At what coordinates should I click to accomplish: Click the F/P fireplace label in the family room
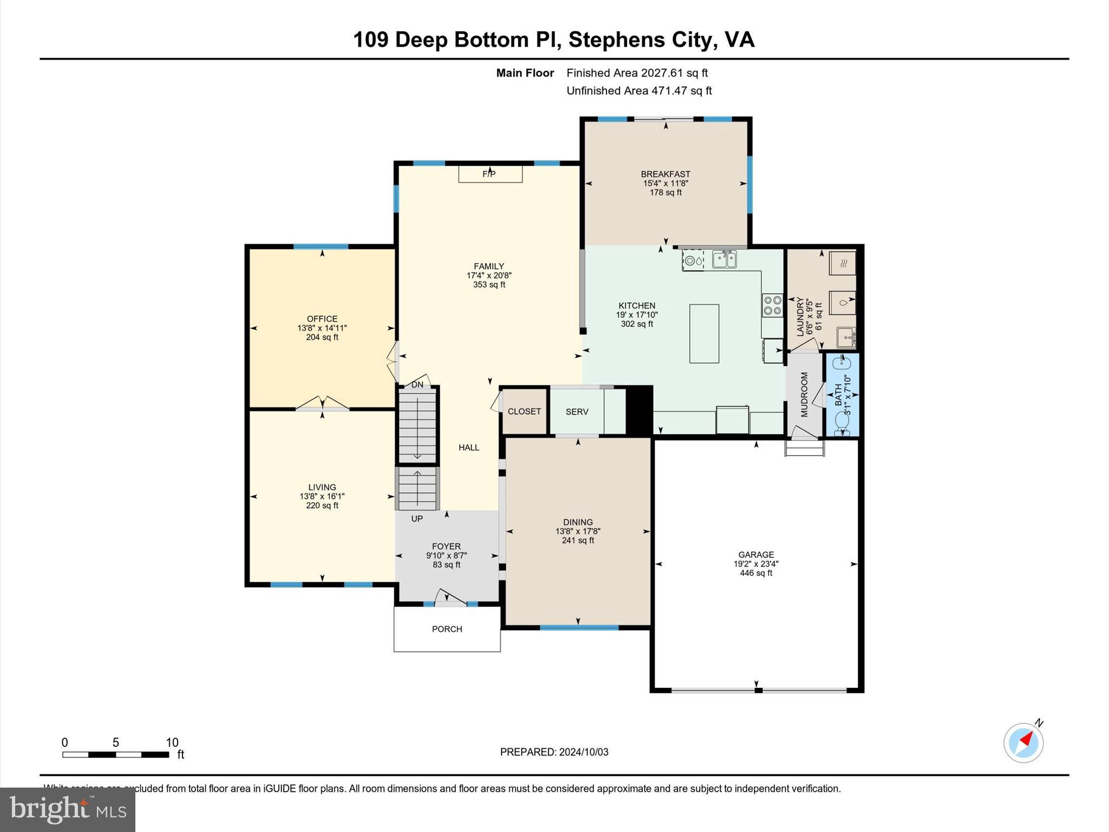tap(489, 174)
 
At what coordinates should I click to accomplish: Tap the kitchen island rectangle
tap(704, 334)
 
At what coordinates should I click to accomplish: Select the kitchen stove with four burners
tap(772, 305)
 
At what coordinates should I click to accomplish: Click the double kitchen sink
tap(724, 259)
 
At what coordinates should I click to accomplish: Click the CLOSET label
tap(524, 412)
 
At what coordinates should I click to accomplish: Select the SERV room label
tap(577, 412)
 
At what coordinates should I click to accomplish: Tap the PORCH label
tap(447, 629)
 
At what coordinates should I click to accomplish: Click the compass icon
tap(1023, 743)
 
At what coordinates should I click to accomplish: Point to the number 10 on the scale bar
tap(172, 743)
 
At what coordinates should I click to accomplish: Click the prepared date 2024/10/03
tap(584, 752)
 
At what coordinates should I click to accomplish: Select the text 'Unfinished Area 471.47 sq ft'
tap(639, 91)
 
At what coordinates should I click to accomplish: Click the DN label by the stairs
tap(417, 385)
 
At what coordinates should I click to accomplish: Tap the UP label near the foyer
tap(417, 519)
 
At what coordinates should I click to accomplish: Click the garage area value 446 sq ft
tap(756, 573)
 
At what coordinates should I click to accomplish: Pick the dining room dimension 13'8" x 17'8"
tap(578, 531)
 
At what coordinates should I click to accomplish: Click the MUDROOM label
tap(804, 394)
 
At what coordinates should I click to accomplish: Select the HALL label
tap(469, 447)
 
